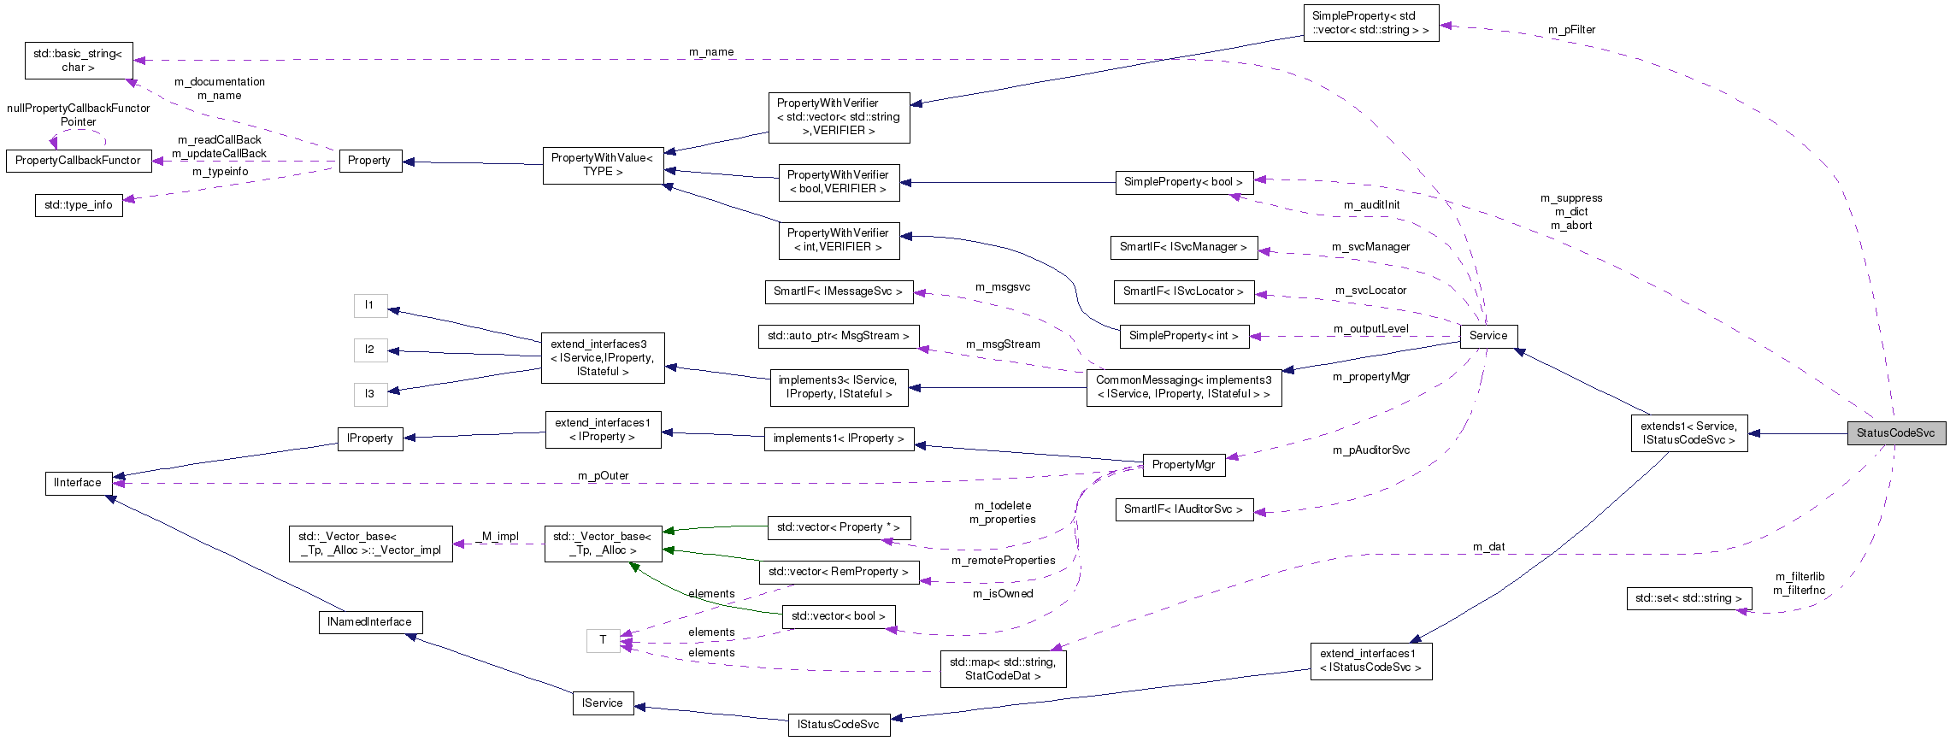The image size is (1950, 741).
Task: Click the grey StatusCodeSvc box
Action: (x=1895, y=433)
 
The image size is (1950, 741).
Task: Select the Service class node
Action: (x=1488, y=336)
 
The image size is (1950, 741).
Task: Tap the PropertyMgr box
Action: (x=1183, y=465)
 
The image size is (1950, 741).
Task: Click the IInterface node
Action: (x=78, y=483)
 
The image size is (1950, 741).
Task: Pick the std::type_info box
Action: (x=79, y=205)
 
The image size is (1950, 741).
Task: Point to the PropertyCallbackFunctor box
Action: (x=78, y=161)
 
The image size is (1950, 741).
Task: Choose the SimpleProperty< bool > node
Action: (x=1183, y=182)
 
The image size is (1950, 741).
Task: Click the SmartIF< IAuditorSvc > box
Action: (x=1183, y=509)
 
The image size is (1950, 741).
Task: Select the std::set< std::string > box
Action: (x=1688, y=598)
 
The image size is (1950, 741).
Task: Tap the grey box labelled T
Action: (x=603, y=640)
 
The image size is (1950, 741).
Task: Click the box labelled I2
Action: (x=369, y=350)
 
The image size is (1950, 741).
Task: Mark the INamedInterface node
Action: (x=369, y=622)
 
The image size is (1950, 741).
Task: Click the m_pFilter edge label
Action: (x=1571, y=30)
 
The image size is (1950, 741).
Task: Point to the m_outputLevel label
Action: (x=1370, y=329)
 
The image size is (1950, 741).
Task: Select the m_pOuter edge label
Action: (x=603, y=476)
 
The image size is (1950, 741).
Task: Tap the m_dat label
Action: (x=1488, y=547)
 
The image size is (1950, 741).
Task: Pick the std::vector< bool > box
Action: (x=838, y=616)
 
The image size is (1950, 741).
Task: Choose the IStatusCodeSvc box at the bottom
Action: (x=838, y=725)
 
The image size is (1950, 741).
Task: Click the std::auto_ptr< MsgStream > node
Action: (x=838, y=336)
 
